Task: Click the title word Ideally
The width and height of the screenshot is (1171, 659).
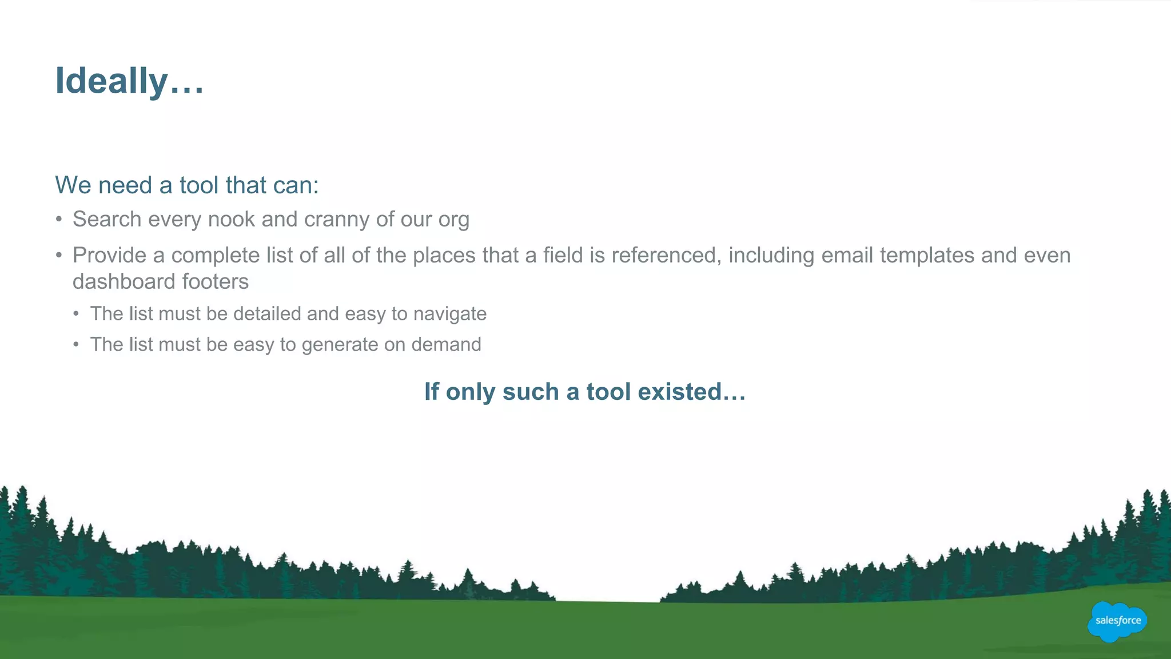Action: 111,81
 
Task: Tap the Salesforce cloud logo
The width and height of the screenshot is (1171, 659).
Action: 1117,621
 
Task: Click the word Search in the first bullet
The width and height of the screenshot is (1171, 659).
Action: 107,219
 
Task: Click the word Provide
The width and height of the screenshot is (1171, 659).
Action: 109,255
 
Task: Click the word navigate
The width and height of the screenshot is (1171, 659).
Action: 450,314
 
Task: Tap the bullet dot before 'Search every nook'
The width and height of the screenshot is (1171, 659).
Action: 59,219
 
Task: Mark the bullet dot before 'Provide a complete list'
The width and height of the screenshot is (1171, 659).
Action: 59,255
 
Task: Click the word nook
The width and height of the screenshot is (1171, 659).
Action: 231,219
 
